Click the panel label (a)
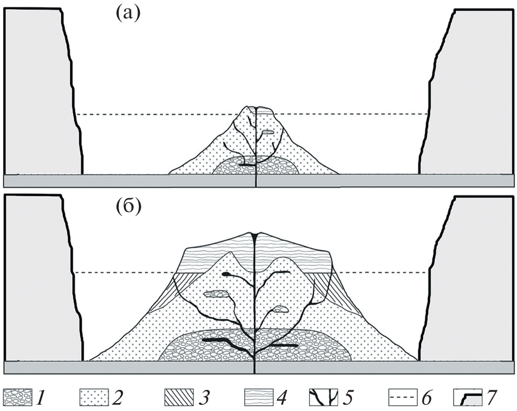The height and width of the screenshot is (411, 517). [128, 15]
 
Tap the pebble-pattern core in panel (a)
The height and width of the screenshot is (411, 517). [255, 166]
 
